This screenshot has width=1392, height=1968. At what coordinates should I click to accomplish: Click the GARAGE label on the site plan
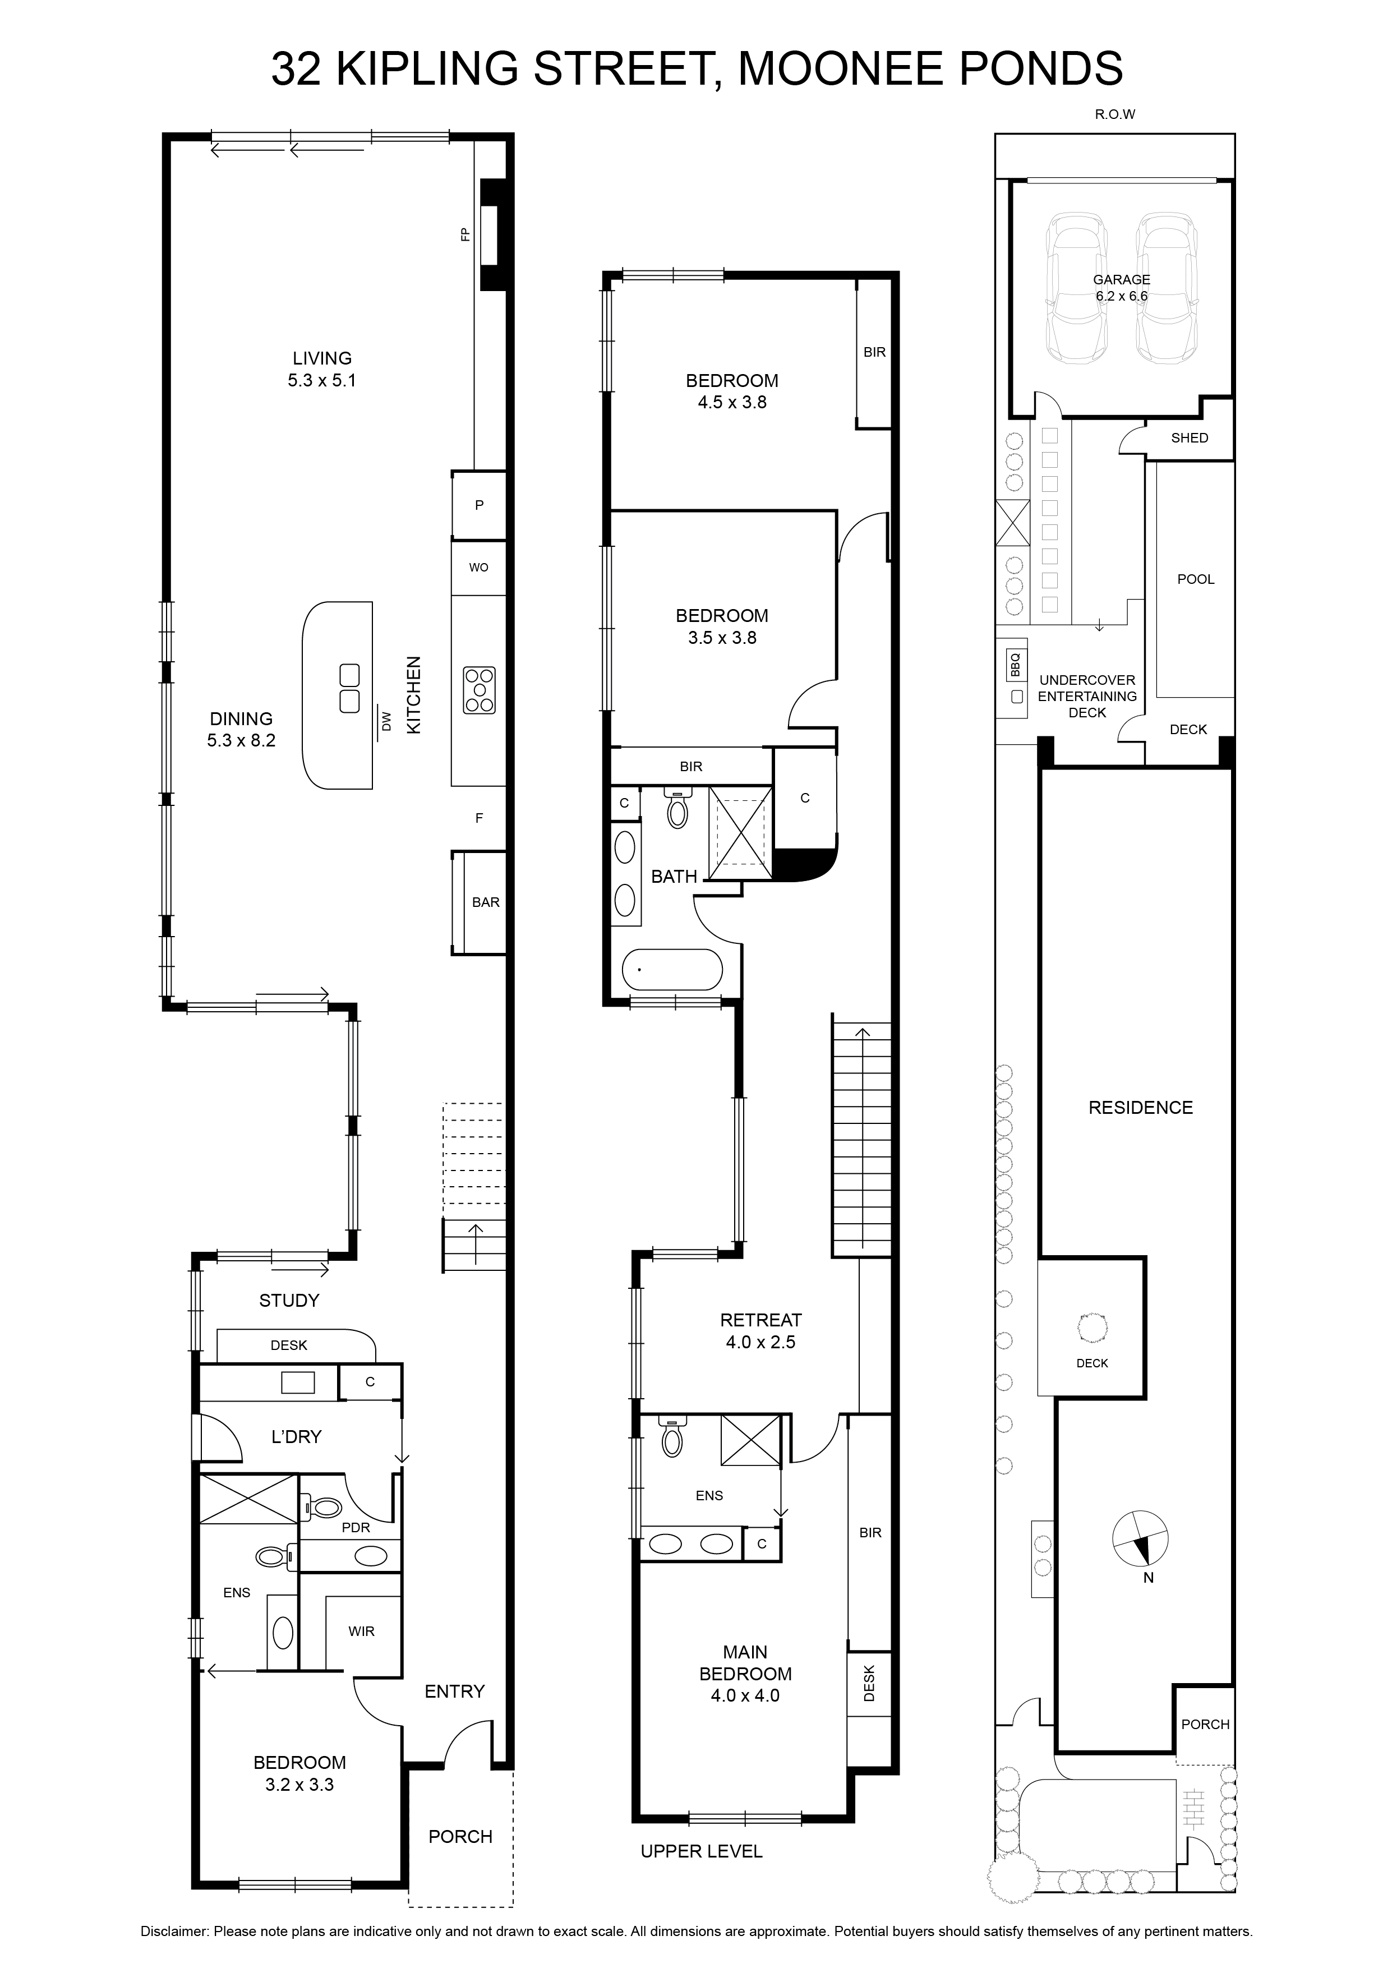[1121, 279]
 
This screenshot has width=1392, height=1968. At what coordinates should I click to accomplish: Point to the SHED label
[1190, 438]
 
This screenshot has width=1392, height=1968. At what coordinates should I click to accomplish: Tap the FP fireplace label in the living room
[466, 234]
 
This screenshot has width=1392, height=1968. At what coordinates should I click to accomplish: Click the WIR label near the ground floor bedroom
[362, 1631]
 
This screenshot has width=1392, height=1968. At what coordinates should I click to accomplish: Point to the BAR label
[486, 902]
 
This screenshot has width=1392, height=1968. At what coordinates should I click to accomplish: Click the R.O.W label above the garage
[1114, 114]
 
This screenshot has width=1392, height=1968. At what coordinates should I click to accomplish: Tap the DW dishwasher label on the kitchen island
[386, 722]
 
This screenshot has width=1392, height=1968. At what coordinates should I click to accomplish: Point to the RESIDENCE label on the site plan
[1141, 1108]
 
